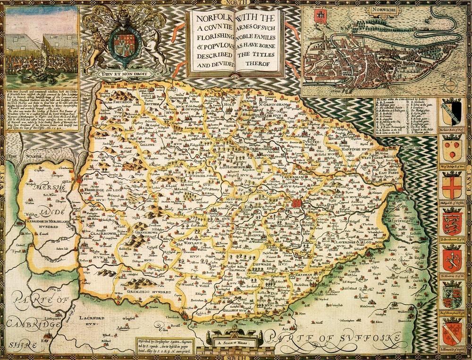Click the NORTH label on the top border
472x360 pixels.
point(236,3)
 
